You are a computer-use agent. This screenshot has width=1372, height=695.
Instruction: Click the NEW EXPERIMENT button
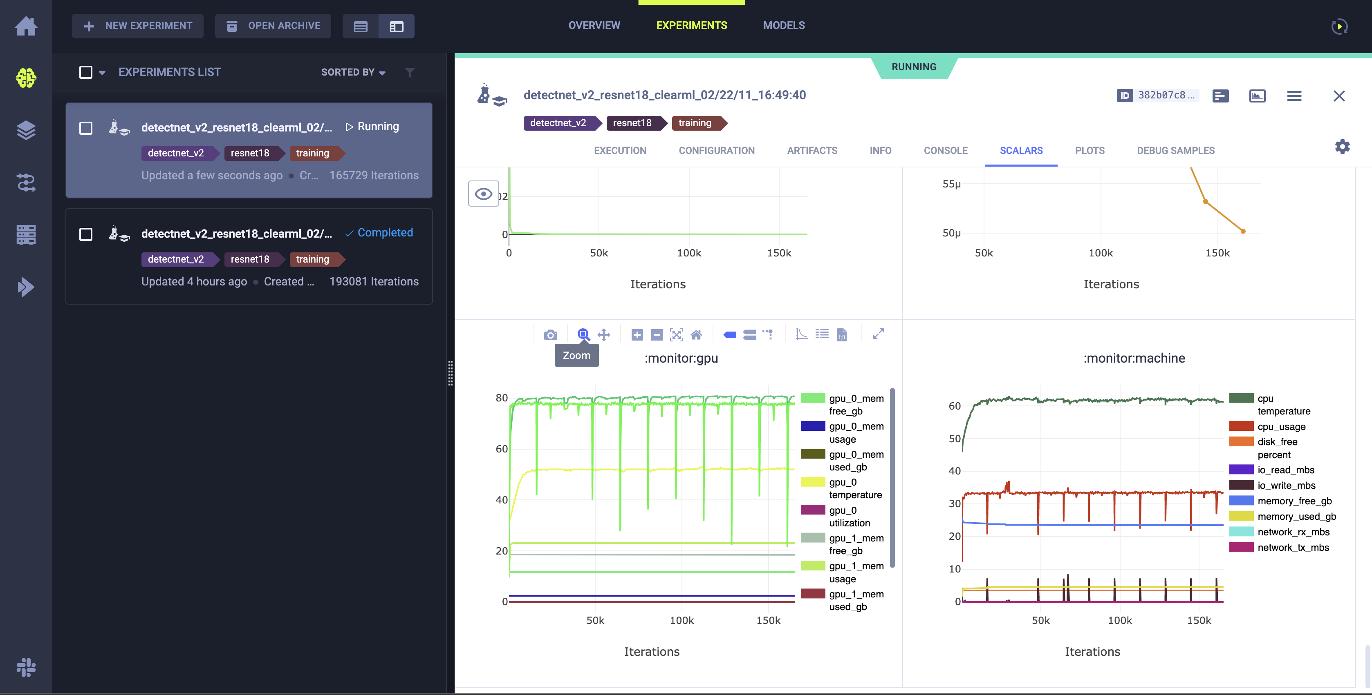pyautogui.click(x=138, y=26)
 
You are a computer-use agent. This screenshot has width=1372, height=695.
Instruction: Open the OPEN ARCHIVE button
pyautogui.click(x=273, y=26)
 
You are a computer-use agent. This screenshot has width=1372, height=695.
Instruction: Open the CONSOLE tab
pyautogui.click(x=945, y=151)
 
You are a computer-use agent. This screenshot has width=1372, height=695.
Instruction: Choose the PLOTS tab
pyautogui.click(x=1089, y=151)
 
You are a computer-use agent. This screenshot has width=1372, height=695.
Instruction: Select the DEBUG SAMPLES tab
pyautogui.click(x=1175, y=151)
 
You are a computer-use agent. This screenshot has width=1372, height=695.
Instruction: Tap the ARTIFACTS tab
pyautogui.click(x=812, y=151)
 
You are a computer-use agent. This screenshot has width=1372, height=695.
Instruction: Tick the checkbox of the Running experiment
pyautogui.click(x=86, y=128)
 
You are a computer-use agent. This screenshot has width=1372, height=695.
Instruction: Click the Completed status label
pyautogui.click(x=385, y=233)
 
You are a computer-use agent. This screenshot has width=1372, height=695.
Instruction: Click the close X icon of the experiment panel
pyautogui.click(x=1338, y=96)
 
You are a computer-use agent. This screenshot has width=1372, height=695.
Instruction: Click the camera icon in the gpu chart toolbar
pyautogui.click(x=550, y=335)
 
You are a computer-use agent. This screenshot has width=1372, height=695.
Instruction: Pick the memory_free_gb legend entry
pyautogui.click(x=1294, y=501)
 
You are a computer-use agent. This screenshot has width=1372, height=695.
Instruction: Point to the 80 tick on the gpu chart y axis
pyautogui.click(x=501, y=398)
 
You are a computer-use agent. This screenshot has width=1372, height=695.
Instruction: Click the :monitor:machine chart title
pyautogui.click(x=1134, y=358)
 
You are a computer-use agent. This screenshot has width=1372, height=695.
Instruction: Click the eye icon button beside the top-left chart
pyautogui.click(x=483, y=194)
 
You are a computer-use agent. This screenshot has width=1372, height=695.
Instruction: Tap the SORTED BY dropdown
pyautogui.click(x=352, y=72)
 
